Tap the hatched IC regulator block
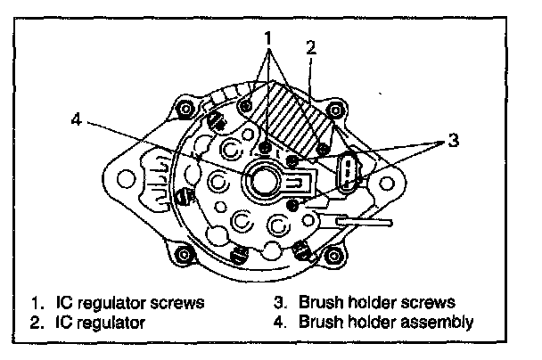pyautogui.click(x=290, y=111)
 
